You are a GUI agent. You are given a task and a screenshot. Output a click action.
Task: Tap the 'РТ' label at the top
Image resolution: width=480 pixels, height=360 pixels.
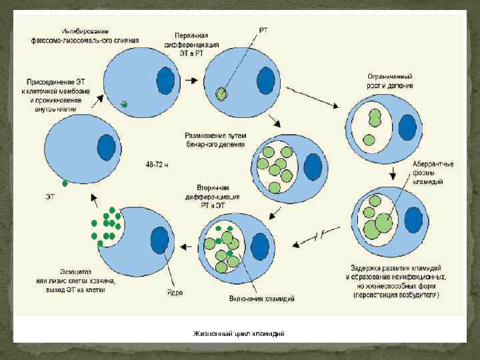pyautogui.click(x=264, y=30)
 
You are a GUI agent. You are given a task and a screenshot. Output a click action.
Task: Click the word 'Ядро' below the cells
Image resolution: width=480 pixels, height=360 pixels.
pyautogui.click(x=175, y=292)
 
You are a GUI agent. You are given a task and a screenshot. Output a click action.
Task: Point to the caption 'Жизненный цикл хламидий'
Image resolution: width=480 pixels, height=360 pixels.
pyautogui.click(x=239, y=333)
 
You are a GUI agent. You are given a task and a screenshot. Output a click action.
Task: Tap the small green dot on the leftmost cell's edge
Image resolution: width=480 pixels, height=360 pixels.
pyautogui.click(x=65, y=183)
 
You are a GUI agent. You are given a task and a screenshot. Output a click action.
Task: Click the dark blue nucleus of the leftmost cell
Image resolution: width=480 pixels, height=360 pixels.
pyautogui.click(x=106, y=147)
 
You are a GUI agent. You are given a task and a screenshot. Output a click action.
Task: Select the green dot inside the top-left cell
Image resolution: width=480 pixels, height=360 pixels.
pyautogui.click(x=124, y=104)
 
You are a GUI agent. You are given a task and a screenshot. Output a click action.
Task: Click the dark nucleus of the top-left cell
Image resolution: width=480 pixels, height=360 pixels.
pyautogui.click(x=165, y=81)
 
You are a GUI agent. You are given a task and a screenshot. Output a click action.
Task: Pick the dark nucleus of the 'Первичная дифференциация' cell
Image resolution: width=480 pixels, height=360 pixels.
pyautogui.click(x=266, y=81)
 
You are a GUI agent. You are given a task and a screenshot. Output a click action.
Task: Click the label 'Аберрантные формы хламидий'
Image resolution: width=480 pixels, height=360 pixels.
pyautogui.click(x=433, y=173)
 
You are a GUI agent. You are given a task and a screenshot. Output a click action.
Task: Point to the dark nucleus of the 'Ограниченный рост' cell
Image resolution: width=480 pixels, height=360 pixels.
pyautogui.click(x=407, y=127)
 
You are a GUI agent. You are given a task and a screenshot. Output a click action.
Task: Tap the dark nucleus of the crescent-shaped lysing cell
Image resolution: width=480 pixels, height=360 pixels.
pyautogui.click(x=159, y=240)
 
